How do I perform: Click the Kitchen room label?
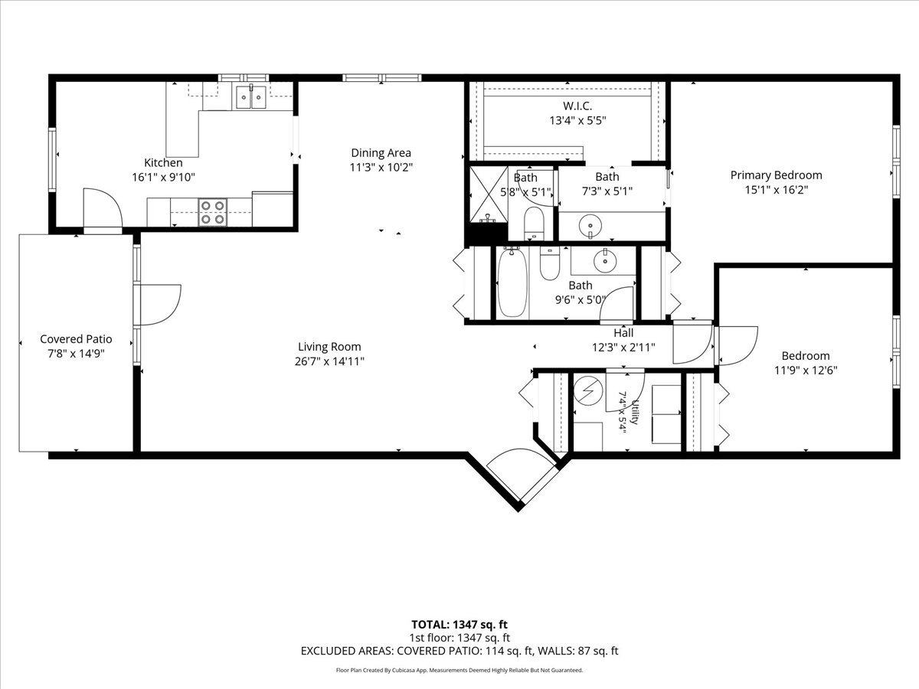click(163, 163)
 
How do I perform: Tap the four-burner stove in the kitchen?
click(213, 212)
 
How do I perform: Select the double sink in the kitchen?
click(250, 97)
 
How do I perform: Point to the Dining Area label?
click(381, 152)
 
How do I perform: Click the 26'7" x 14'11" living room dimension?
click(329, 361)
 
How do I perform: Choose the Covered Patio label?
click(76, 339)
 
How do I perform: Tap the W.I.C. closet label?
click(577, 106)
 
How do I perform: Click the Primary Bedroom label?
click(777, 175)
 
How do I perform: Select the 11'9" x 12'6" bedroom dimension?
click(806, 371)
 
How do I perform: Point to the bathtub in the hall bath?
click(512, 282)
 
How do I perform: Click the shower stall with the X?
click(489, 194)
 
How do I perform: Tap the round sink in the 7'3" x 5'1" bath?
click(590, 227)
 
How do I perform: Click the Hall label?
click(623, 333)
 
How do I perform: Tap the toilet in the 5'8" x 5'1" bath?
click(534, 224)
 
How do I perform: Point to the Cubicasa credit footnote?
click(459, 670)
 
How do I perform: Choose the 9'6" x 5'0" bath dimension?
click(581, 300)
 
